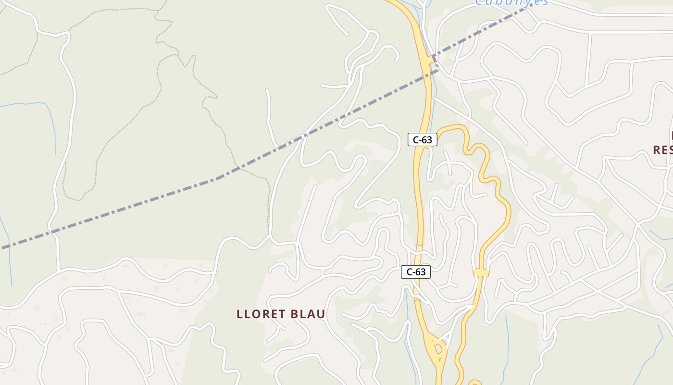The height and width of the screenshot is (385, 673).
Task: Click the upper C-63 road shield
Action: (x=423, y=140)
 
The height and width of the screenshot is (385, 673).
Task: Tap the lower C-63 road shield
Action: (x=416, y=272)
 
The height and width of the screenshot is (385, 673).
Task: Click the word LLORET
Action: (x=260, y=314)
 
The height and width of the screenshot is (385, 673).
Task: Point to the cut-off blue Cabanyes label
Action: (x=511, y=2)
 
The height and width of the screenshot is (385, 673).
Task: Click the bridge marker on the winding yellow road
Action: (x=481, y=273)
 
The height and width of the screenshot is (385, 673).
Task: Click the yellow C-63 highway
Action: (x=418, y=202)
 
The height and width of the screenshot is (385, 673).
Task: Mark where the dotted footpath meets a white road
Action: (x=269, y=236)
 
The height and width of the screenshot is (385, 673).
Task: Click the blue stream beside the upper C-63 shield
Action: (x=431, y=115)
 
